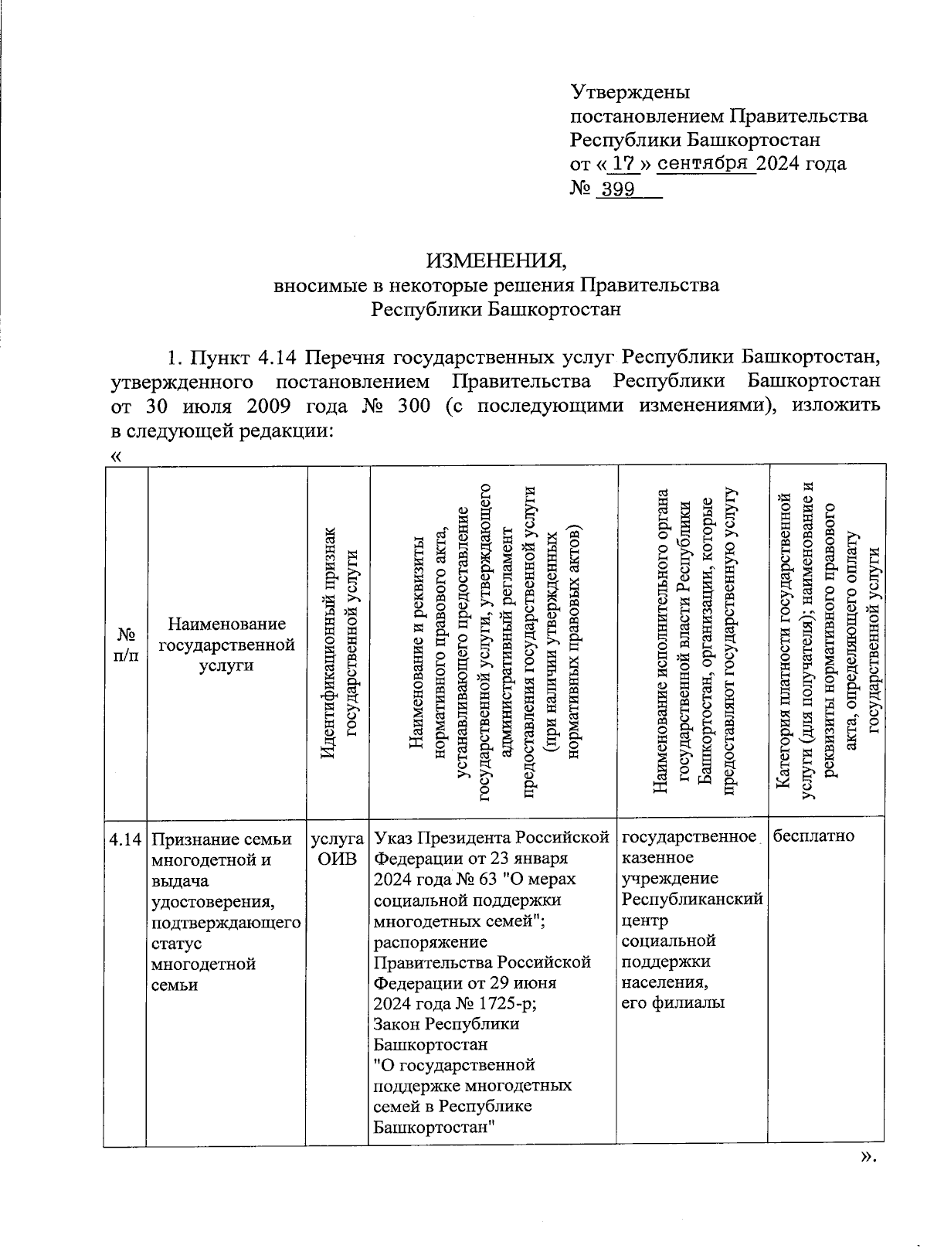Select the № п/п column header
coord(125,644)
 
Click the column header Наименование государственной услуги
coord(226,644)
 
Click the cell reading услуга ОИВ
coord(338,849)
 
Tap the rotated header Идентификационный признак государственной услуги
coord(338,641)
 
